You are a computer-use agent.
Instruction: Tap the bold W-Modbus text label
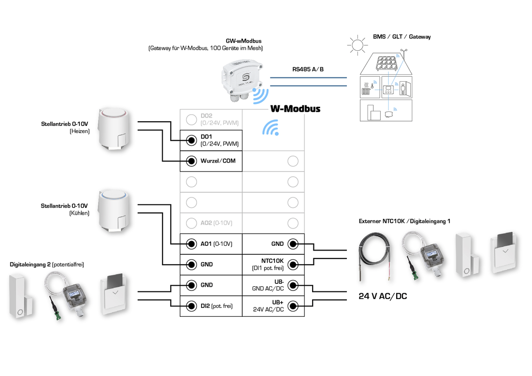coord(295,109)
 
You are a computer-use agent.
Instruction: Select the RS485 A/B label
coord(308,69)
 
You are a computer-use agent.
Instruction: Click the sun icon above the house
coord(357,45)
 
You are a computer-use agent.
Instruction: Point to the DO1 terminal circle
coord(191,140)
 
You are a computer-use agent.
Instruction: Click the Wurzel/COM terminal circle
coord(191,161)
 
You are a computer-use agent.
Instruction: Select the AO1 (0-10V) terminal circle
coord(191,244)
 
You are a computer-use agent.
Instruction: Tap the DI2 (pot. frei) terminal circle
coord(191,306)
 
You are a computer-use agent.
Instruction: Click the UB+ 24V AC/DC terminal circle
coord(293,306)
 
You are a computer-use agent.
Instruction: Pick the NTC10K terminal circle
coord(293,265)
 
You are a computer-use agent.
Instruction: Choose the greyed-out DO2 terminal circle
coord(191,119)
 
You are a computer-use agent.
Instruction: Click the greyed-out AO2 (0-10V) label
coord(216,223)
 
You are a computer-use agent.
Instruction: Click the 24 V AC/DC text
coord(383,296)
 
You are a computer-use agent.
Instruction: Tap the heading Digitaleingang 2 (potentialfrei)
coord(47,265)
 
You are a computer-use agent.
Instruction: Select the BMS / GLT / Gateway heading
coord(401,37)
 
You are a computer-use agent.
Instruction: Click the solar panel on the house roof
coord(388,63)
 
